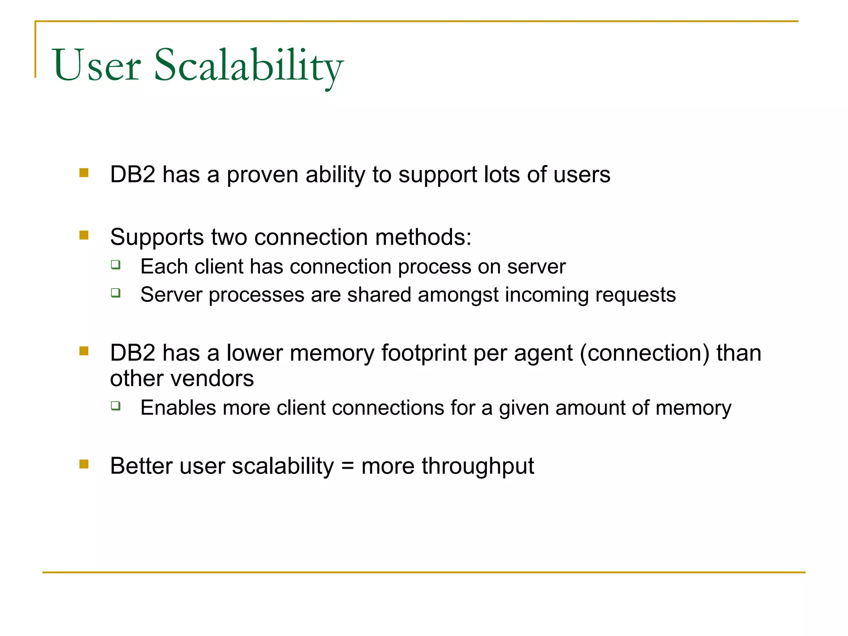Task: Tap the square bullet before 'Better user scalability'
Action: [84, 464]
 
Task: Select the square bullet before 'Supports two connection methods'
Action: [84, 235]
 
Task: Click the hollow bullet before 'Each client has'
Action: [116, 265]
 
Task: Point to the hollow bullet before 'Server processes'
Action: [116, 293]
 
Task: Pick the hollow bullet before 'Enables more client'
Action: [116, 406]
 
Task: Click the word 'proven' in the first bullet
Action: [263, 175]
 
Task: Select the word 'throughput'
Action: [477, 467]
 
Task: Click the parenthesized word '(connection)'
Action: [644, 354]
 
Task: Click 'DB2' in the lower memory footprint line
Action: [132, 354]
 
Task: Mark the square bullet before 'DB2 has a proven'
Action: [84, 173]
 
